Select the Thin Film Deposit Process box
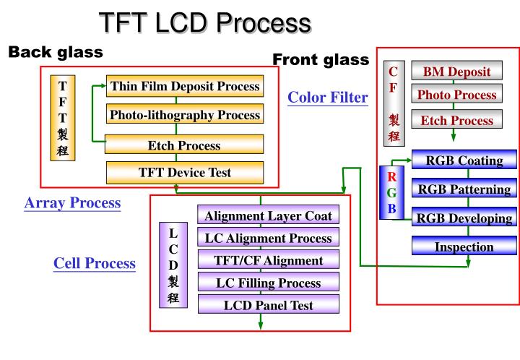pyautogui.click(x=184, y=86)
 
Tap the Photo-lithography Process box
pyautogui.click(x=184, y=114)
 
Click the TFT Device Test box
pyautogui.click(x=184, y=172)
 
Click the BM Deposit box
pyautogui.click(x=456, y=71)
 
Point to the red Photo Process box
pyautogui.click(x=456, y=94)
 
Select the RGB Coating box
pyautogui.click(x=464, y=160)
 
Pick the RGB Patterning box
pyautogui.click(x=464, y=189)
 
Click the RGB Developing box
pyautogui.click(x=464, y=218)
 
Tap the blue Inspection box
pyautogui.click(x=464, y=247)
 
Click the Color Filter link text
pyautogui.click(x=328, y=97)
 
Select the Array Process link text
pyautogui.click(x=72, y=203)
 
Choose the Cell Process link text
pyautogui.click(x=95, y=264)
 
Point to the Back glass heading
pyautogui.click(x=55, y=52)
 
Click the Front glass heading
pyautogui.click(x=321, y=59)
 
